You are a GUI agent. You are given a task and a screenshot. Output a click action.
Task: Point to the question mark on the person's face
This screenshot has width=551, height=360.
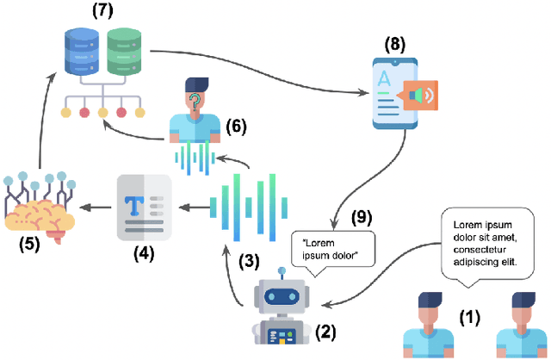(195, 101)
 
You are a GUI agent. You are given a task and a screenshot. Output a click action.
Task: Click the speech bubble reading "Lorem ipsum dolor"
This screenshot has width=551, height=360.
(334, 248)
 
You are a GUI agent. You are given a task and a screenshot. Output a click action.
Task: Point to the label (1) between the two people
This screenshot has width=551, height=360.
(469, 317)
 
